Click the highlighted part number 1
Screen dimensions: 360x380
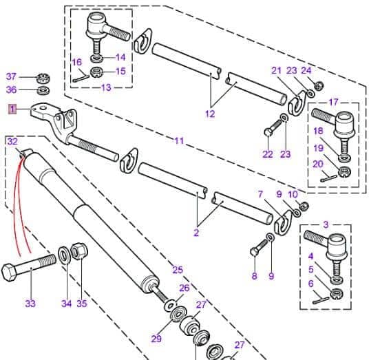click(x=12, y=109)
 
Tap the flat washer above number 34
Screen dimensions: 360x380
click(x=64, y=254)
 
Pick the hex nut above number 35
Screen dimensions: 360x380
click(x=78, y=251)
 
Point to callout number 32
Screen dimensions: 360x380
click(x=12, y=140)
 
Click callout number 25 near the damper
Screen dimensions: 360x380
click(x=177, y=269)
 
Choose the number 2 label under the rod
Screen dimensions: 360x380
click(x=196, y=233)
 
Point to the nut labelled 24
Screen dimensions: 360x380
click(x=319, y=86)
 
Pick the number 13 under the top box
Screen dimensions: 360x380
click(x=105, y=87)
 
